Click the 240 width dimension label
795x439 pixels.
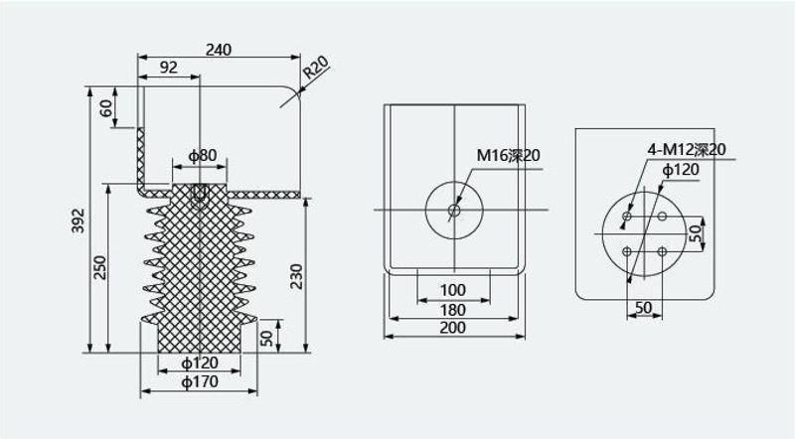tap(219, 50)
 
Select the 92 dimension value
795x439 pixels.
tap(169, 68)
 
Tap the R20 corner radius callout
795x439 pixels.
tap(316, 68)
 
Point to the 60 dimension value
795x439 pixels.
tap(106, 108)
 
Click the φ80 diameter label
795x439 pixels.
tap(203, 155)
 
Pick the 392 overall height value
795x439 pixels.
tap(79, 220)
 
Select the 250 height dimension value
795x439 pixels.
tap(100, 267)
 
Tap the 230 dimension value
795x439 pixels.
tap(296, 276)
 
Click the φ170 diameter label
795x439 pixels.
tap(200, 381)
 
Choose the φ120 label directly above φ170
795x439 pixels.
tap(200, 363)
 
